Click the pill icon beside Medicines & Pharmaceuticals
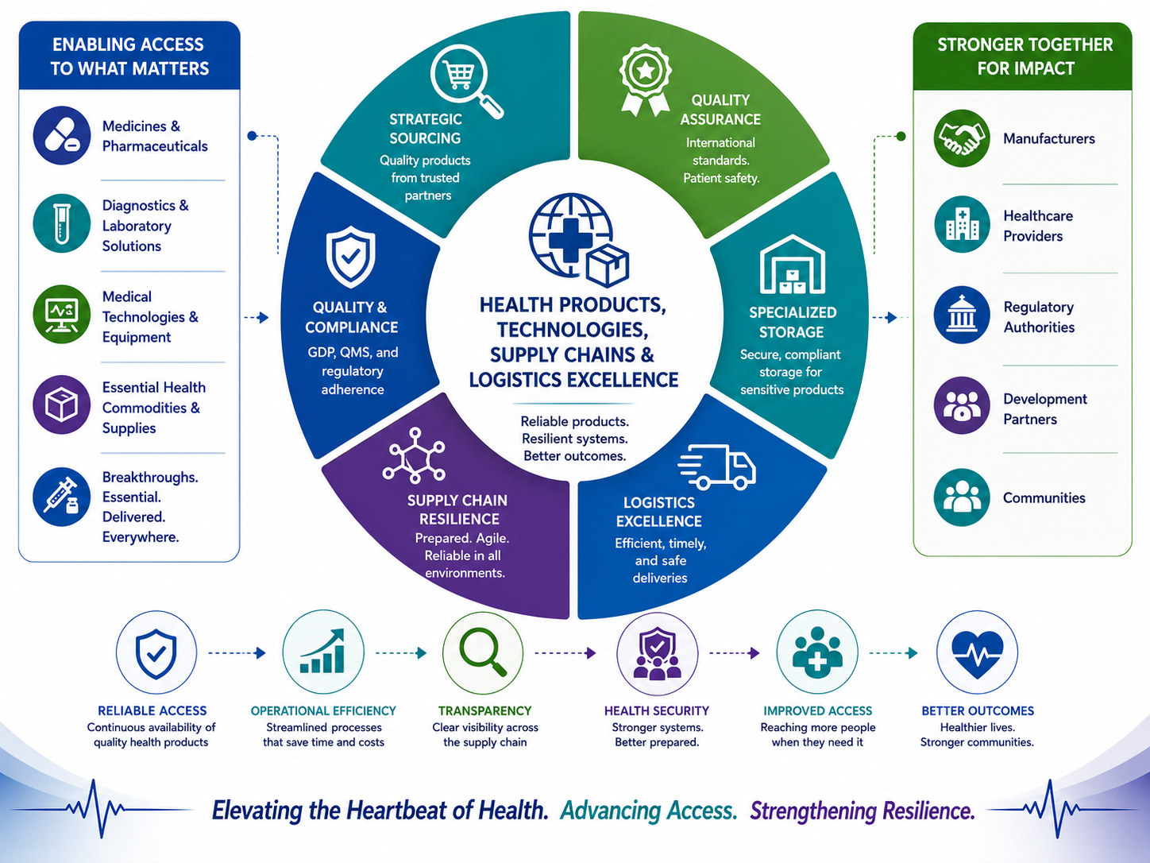[x=62, y=136]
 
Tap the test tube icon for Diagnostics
[x=62, y=224]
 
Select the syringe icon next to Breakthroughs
[x=62, y=497]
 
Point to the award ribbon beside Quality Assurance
[x=646, y=79]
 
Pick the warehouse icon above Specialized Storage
[x=792, y=265]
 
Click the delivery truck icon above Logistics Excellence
[x=716, y=467]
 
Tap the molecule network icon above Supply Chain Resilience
[x=414, y=455]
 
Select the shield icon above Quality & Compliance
[x=350, y=256]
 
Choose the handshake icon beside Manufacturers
[x=962, y=138]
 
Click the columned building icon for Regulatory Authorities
[x=962, y=315]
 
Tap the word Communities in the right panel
[x=1044, y=497]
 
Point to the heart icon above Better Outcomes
[x=977, y=652]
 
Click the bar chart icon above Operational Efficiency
[x=322, y=652]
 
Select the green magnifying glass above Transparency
[x=483, y=652]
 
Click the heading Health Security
[x=657, y=710]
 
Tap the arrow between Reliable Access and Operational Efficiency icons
[x=237, y=653]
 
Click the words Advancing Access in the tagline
[x=649, y=811]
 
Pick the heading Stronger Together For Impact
[x=1025, y=56]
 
